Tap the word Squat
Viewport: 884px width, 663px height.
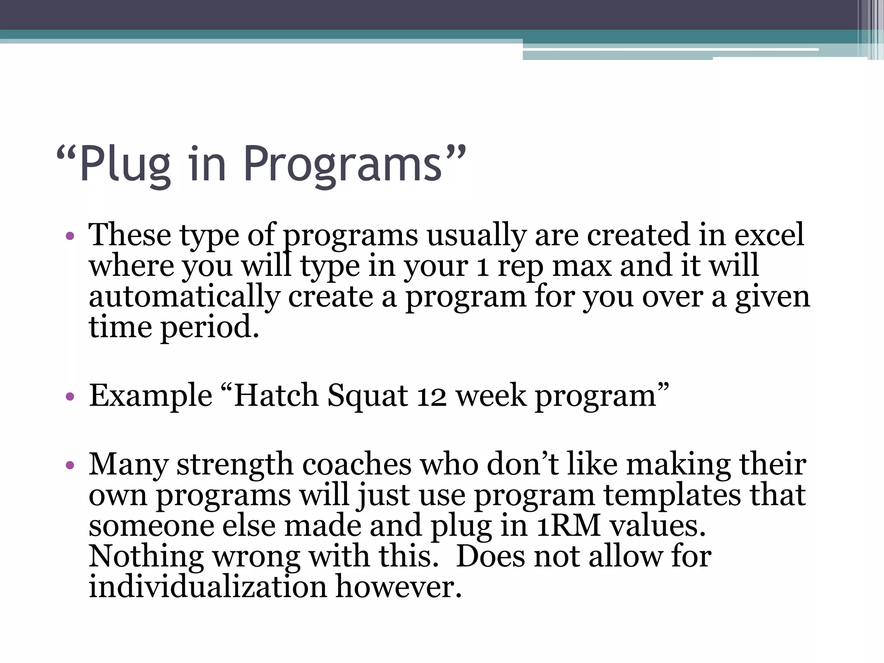pyautogui.click(x=367, y=396)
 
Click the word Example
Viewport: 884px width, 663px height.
pyautogui.click(x=150, y=396)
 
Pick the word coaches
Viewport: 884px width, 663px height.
pyautogui.click(x=357, y=464)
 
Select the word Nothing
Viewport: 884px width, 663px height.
pyautogui.click(x=146, y=557)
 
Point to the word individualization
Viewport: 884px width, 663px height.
pyautogui.click(x=208, y=587)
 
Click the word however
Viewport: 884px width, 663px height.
pyautogui.click(x=398, y=587)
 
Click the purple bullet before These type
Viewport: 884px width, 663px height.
pyautogui.click(x=70, y=237)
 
